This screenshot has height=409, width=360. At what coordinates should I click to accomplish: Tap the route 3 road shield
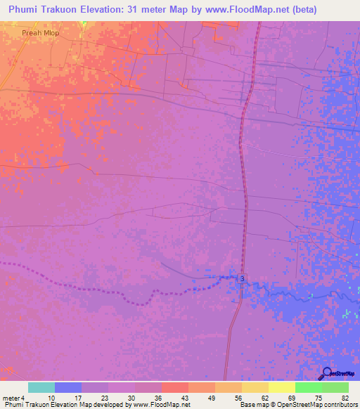(241, 279)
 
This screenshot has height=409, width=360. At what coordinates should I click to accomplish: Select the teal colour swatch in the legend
(41, 387)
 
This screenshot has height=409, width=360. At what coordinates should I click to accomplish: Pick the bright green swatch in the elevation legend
(309, 387)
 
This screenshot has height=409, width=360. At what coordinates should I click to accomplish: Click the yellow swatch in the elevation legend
(255, 387)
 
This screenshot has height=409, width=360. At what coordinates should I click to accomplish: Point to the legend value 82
(345, 397)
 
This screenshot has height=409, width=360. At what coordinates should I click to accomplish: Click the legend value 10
(51, 397)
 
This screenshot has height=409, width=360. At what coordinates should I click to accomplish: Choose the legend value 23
(104, 397)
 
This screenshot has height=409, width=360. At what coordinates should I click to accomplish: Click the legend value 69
(291, 397)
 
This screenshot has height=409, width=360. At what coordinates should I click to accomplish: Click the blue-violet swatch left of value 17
(68, 387)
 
